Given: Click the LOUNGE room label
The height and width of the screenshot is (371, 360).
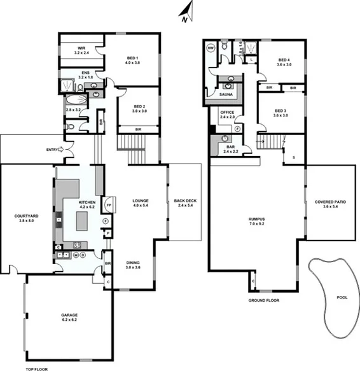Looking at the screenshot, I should coord(141,202).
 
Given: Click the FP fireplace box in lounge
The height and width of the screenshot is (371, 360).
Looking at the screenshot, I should coord(109,206).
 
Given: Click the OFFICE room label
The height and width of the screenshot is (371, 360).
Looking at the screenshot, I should coord(227,115).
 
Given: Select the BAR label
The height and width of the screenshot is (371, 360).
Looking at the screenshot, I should coord(230,150).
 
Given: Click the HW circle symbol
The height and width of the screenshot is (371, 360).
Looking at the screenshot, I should coord(211,47).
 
